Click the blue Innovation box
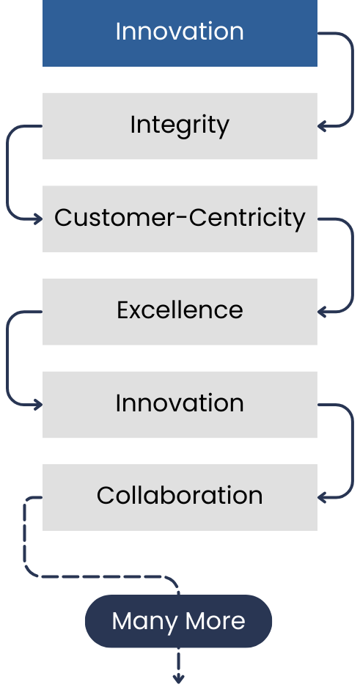180,33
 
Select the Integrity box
180,126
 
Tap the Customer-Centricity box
180,219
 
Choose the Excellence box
180,312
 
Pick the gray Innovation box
180,405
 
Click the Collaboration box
180,497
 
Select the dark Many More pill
178,621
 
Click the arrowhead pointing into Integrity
322,126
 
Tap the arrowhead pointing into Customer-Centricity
38,219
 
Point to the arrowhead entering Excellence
322,312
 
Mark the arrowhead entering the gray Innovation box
38,405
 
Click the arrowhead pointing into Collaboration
322,498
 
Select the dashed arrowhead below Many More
178,678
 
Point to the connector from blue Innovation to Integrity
353,80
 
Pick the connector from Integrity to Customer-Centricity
7,172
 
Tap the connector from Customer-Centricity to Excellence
353,265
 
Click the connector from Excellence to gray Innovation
7,359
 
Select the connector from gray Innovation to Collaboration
353,451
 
